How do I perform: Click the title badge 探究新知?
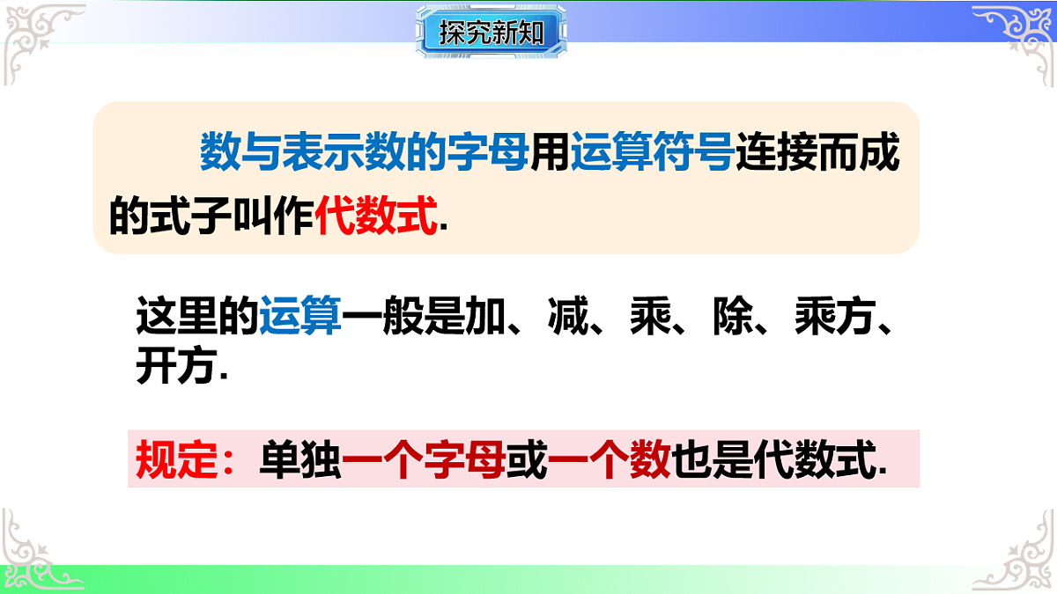[491, 33]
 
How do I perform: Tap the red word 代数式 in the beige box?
[376, 215]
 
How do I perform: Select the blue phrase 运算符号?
[652, 152]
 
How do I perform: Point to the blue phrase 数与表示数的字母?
[364, 152]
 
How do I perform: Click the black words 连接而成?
[817, 152]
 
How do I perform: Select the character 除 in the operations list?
[735, 315]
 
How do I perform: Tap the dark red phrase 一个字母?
[423, 458]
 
